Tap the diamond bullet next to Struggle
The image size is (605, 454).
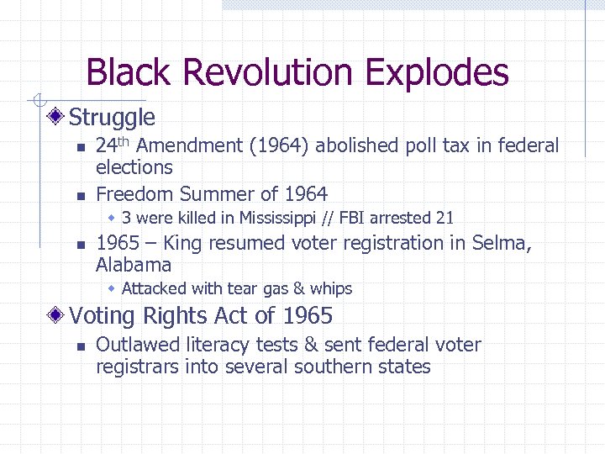click(x=55, y=117)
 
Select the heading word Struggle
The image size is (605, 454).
click(x=112, y=118)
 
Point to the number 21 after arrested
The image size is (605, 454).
click(x=445, y=219)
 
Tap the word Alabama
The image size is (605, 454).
click(x=134, y=266)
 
